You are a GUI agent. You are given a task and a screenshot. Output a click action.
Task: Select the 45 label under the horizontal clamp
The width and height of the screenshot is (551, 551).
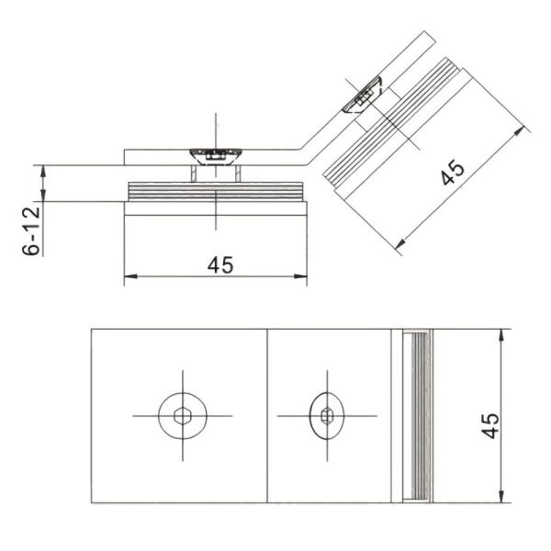click(219, 264)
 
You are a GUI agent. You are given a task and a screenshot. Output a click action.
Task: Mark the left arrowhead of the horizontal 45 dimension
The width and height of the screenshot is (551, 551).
click(129, 275)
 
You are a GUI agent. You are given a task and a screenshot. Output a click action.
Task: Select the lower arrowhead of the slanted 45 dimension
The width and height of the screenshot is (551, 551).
click(401, 246)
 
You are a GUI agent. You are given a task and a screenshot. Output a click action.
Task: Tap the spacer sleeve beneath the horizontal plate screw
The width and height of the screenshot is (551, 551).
click(214, 174)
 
